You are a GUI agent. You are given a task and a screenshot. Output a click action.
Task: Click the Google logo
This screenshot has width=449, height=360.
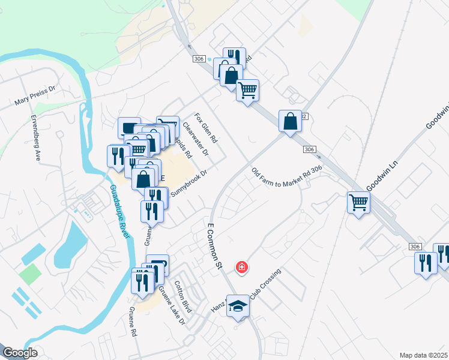[20, 353]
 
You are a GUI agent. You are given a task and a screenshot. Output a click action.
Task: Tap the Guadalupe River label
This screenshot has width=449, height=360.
[119, 212]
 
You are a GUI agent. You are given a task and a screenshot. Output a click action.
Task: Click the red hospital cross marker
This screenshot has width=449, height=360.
[242, 267]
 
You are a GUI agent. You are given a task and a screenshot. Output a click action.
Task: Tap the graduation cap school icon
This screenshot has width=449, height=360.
[238, 306]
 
